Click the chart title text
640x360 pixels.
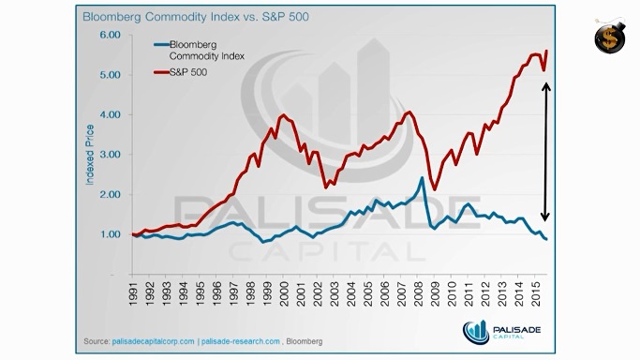coord(196,17)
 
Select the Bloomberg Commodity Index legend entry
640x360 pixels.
coord(200,51)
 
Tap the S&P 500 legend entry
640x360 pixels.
coord(181,72)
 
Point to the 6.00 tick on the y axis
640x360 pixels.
coord(111,35)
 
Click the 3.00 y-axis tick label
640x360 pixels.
coord(111,155)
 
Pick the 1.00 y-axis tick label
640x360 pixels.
coord(111,234)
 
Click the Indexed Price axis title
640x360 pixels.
coord(90,155)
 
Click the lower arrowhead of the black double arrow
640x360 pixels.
coord(545,217)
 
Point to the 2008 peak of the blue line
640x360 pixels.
coord(422,178)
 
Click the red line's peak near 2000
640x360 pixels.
coord(283,115)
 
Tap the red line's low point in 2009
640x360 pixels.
coord(435,189)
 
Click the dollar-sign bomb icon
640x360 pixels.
coord(610,36)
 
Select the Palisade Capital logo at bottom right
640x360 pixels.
coord(501,332)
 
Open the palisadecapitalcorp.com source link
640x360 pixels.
coord(153,341)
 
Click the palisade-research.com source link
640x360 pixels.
coord(241,341)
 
